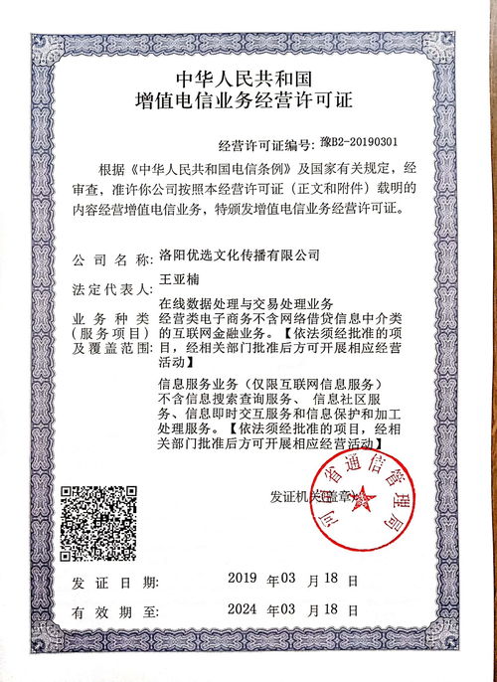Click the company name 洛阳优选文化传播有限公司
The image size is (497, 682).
(x=239, y=256)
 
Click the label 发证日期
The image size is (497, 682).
(x=109, y=581)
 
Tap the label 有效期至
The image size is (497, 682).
(x=109, y=613)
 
